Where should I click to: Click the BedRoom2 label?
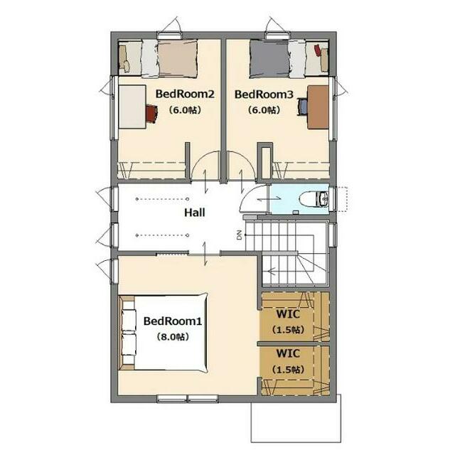pos(185,94)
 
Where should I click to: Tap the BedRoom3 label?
pos(264,95)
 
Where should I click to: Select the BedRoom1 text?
pos(173,321)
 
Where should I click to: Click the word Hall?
pos(194,213)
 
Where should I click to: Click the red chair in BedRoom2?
pos(151,114)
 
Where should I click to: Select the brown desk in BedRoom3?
pos(318,107)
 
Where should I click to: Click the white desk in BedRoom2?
pos(132,107)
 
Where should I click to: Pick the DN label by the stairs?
pos(239,235)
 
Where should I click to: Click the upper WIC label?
pos(288,314)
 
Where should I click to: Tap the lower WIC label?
pos(288,353)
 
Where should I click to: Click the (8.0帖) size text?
pos(173,337)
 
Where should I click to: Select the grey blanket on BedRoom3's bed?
pos(269,59)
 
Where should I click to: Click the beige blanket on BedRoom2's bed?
pos(178,59)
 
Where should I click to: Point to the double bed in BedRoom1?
pos(164,333)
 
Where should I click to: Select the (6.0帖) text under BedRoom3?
pos(264,110)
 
